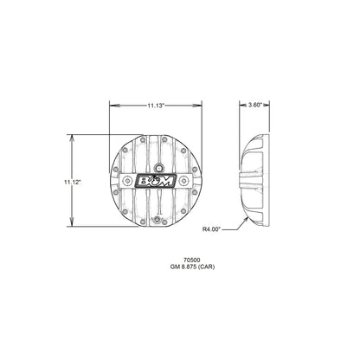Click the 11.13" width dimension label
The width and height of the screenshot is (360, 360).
155,105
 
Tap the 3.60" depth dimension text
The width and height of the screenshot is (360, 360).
254,105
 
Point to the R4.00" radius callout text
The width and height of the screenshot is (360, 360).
212,230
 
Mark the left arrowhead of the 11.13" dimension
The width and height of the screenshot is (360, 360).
111,105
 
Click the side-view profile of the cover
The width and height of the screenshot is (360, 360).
255,182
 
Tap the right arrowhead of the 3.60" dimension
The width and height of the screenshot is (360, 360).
268,105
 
